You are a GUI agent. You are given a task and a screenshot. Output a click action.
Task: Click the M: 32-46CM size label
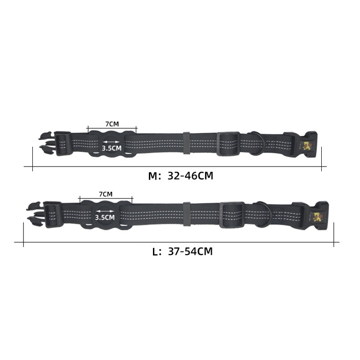181,176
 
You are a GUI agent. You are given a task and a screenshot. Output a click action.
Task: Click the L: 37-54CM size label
182,252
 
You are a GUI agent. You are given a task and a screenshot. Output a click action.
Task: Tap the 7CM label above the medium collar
112,124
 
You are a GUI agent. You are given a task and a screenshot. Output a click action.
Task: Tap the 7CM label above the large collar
106,194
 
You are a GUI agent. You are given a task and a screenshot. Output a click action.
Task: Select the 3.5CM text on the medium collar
112,148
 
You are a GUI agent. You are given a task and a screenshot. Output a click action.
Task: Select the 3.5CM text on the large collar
105,217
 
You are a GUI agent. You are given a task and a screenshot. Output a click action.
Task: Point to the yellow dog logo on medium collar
306,146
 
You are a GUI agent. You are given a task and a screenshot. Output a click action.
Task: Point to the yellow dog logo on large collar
318,217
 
